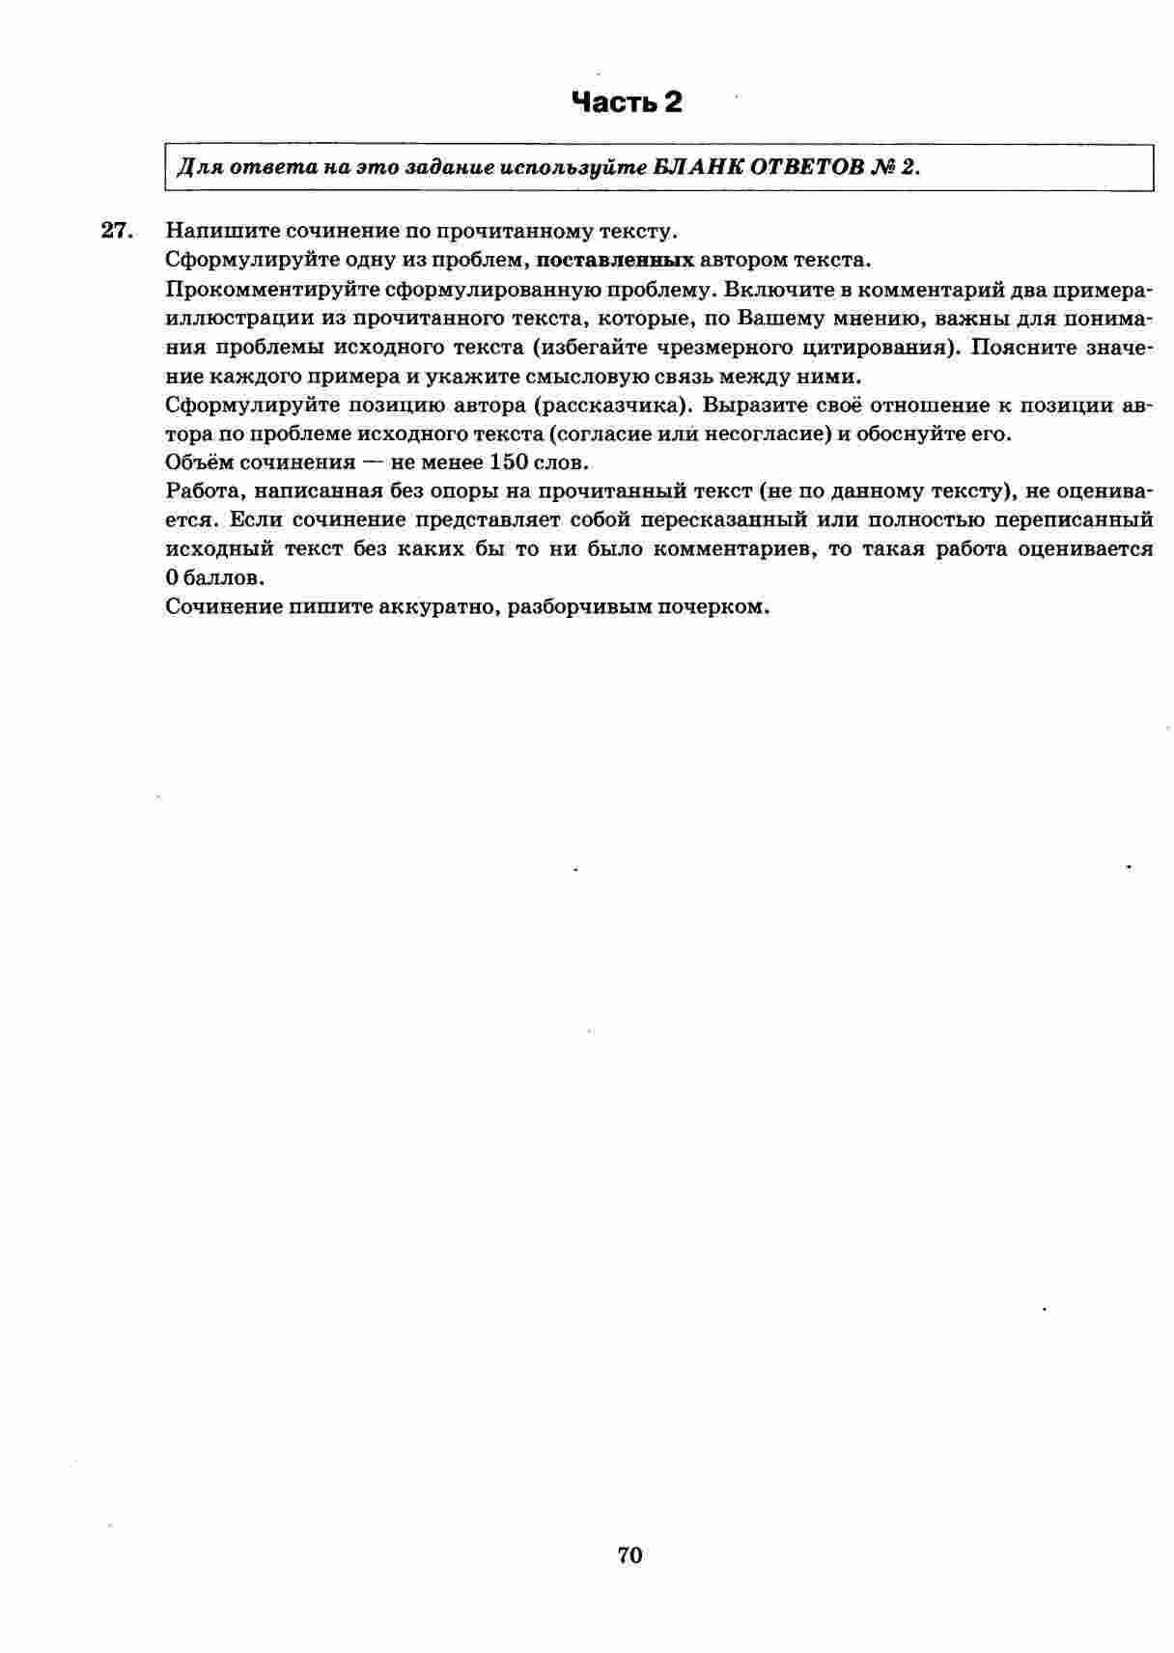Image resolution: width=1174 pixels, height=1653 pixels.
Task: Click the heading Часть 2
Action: pos(627,102)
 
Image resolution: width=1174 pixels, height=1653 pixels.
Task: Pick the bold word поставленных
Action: pos(615,260)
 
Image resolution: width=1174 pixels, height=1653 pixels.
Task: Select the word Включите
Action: pos(768,290)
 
